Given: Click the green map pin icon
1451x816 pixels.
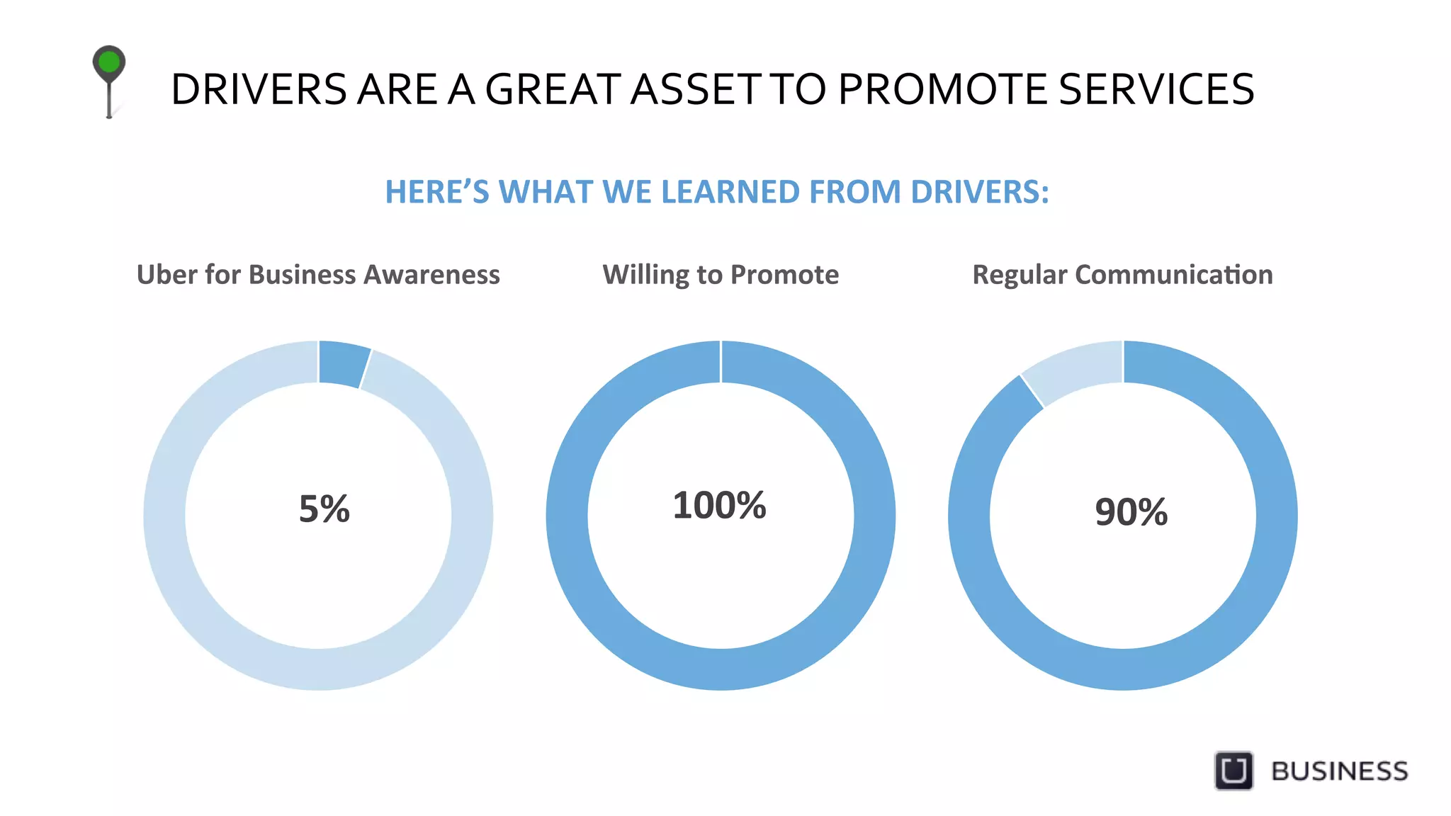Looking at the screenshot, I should (109, 64).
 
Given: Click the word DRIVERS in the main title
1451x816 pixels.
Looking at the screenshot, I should (259, 90).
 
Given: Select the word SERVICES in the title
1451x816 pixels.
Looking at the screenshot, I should (1156, 90).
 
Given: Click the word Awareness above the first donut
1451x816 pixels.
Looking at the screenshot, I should (431, 275).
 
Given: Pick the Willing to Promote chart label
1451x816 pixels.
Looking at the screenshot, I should (721, 275).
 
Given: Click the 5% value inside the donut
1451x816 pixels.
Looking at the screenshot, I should (324, 509).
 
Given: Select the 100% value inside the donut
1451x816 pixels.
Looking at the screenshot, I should (719, 506).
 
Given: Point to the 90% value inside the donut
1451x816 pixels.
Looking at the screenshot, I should (1131, 512).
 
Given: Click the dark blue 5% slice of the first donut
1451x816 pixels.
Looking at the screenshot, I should (343, 363).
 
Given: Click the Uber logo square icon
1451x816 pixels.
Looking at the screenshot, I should (1233, 770).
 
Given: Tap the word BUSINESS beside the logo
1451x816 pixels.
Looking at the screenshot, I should (1339, 771).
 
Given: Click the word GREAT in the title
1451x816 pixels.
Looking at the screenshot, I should (553, 90).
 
